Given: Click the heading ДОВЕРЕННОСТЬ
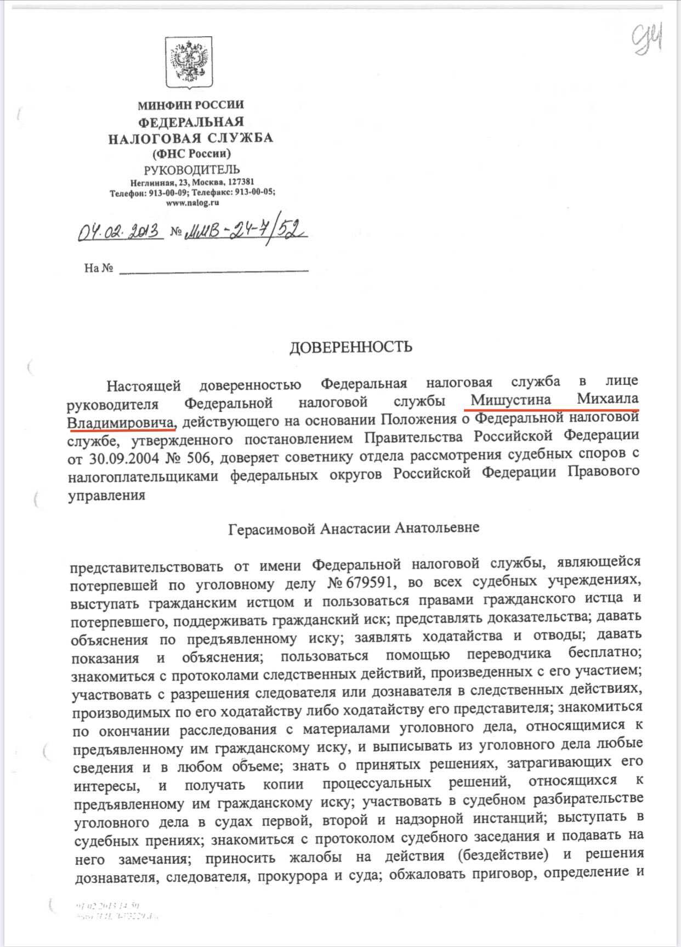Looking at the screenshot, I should click(x=350, y=347).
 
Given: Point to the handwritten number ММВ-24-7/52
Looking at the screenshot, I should click(x=245, y=231).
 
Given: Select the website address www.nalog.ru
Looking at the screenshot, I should click(x=192, y=202).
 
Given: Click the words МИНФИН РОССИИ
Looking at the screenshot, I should click(x=190, y=105).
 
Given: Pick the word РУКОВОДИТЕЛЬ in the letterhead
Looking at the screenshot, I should click(x=192, y=169).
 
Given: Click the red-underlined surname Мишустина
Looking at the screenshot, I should click(x=510, y=400).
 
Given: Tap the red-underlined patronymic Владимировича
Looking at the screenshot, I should click(x=121, y=422).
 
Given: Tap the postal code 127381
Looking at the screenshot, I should click(x=240, y=182).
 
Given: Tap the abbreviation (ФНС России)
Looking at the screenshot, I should click(x=192, y=154).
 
